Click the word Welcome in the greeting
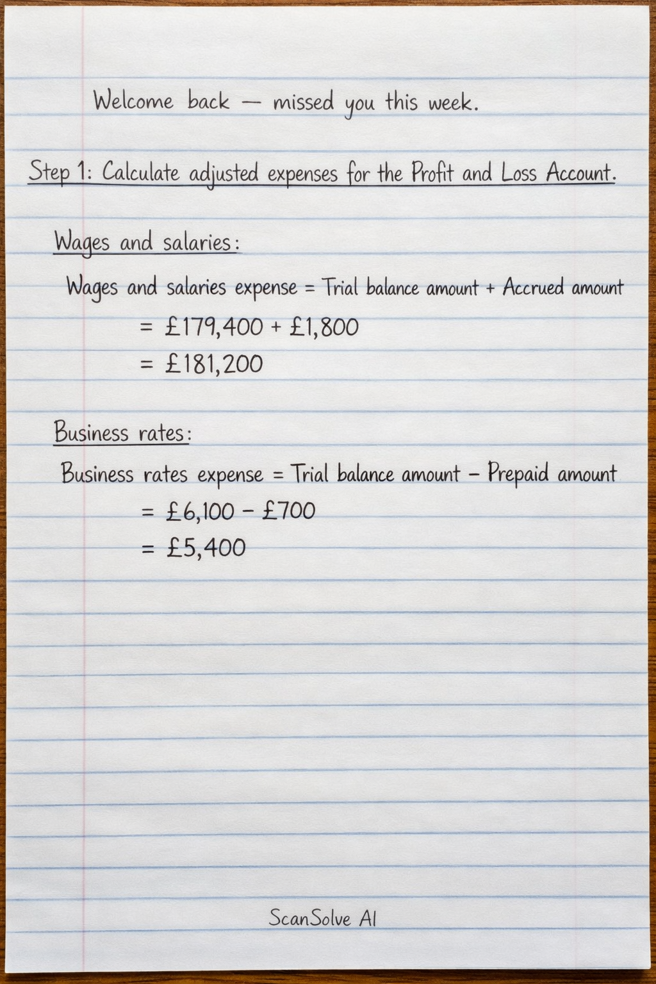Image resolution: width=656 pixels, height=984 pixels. (133, 101)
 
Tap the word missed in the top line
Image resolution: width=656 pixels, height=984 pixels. (303, 102)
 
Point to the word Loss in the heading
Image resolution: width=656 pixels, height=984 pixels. (518, 172)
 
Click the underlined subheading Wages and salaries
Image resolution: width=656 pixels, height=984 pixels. (146, 243)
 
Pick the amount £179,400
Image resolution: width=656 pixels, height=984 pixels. (213, 327)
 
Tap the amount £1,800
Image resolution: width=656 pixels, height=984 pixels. (324, 327)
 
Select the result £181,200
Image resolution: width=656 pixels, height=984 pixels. (213, 365)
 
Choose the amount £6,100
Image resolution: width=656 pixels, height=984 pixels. (200, 511)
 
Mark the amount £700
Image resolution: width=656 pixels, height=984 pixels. (288, 511)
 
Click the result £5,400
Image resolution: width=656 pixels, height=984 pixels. (206, 548)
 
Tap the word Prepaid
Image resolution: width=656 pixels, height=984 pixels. (518, 474)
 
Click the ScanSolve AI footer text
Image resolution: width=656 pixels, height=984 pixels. (322, 919)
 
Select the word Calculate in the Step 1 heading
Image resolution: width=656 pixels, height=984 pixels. (141, 172)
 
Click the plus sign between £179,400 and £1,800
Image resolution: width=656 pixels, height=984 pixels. (276, 327)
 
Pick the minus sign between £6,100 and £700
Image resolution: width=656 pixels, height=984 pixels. (248, 511)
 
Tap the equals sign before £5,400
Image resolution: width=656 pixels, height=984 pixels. (148, 548)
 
